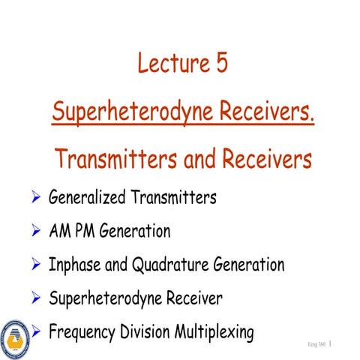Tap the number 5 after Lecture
pos(219,64)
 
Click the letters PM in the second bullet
pos(85,231)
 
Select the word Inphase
pos(74,265)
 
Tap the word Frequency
pos(82,331)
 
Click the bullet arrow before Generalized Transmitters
pos(34,199)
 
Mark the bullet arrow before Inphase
pos(34,265)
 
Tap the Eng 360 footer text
pos(316,344)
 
